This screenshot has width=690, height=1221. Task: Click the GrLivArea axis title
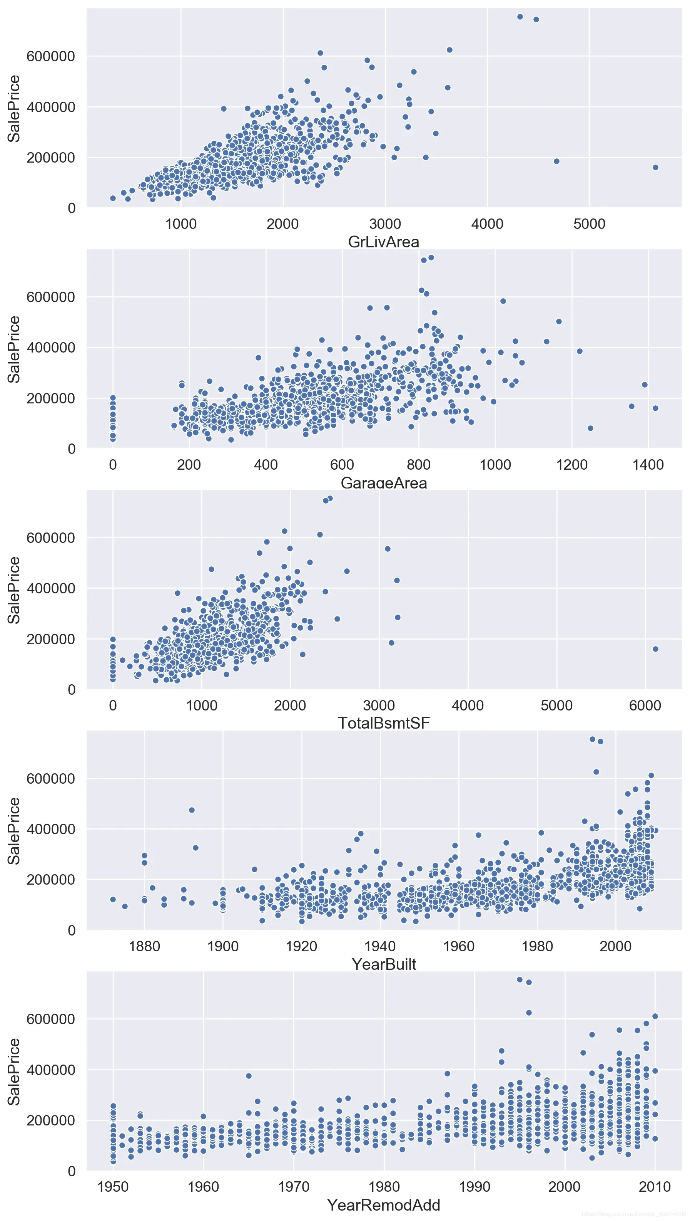click(x=383, y=242)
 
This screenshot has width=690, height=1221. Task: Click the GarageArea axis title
click(x=383, y=483)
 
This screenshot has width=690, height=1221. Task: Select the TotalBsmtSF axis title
click(x=383, y=724)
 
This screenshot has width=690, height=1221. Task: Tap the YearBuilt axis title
click(x=383, y=964)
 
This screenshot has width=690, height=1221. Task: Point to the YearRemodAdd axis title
click(x=383, y=1205)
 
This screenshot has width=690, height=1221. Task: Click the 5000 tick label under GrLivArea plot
click(x=589, y=224)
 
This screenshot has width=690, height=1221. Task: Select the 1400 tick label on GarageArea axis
click(x=648, y=465)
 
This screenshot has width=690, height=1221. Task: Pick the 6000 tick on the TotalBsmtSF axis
click(x=645, y=705)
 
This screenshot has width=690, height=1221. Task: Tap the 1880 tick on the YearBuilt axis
click(x=145, y=946)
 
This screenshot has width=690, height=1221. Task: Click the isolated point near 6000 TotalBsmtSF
click(x=655, y=649)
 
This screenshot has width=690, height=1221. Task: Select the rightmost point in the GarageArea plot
click(x=655, y=408)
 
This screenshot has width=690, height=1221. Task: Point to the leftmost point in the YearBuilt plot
click(x=113, y=899)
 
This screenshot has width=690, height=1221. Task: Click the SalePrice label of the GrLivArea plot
click(x=14, y=108)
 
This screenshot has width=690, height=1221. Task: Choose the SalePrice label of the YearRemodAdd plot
click(x=14, y=1072)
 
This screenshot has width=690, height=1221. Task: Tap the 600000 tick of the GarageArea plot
click(x=51, y=297)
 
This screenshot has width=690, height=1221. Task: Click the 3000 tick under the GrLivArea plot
click(x=385, y=224)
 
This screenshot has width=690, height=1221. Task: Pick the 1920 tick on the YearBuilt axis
click(x=301, y=946)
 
